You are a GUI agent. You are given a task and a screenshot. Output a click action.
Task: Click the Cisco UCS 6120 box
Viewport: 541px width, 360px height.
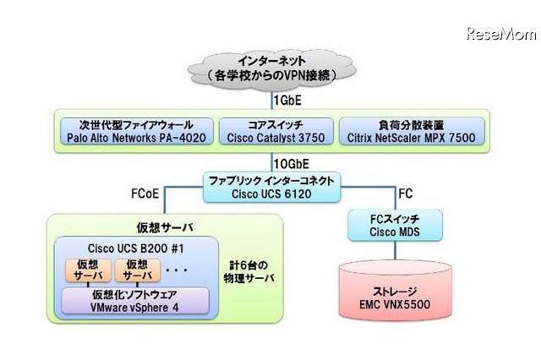coord(273,185)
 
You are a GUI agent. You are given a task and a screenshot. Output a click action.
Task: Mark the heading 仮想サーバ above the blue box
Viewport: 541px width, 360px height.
coord(137,227)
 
